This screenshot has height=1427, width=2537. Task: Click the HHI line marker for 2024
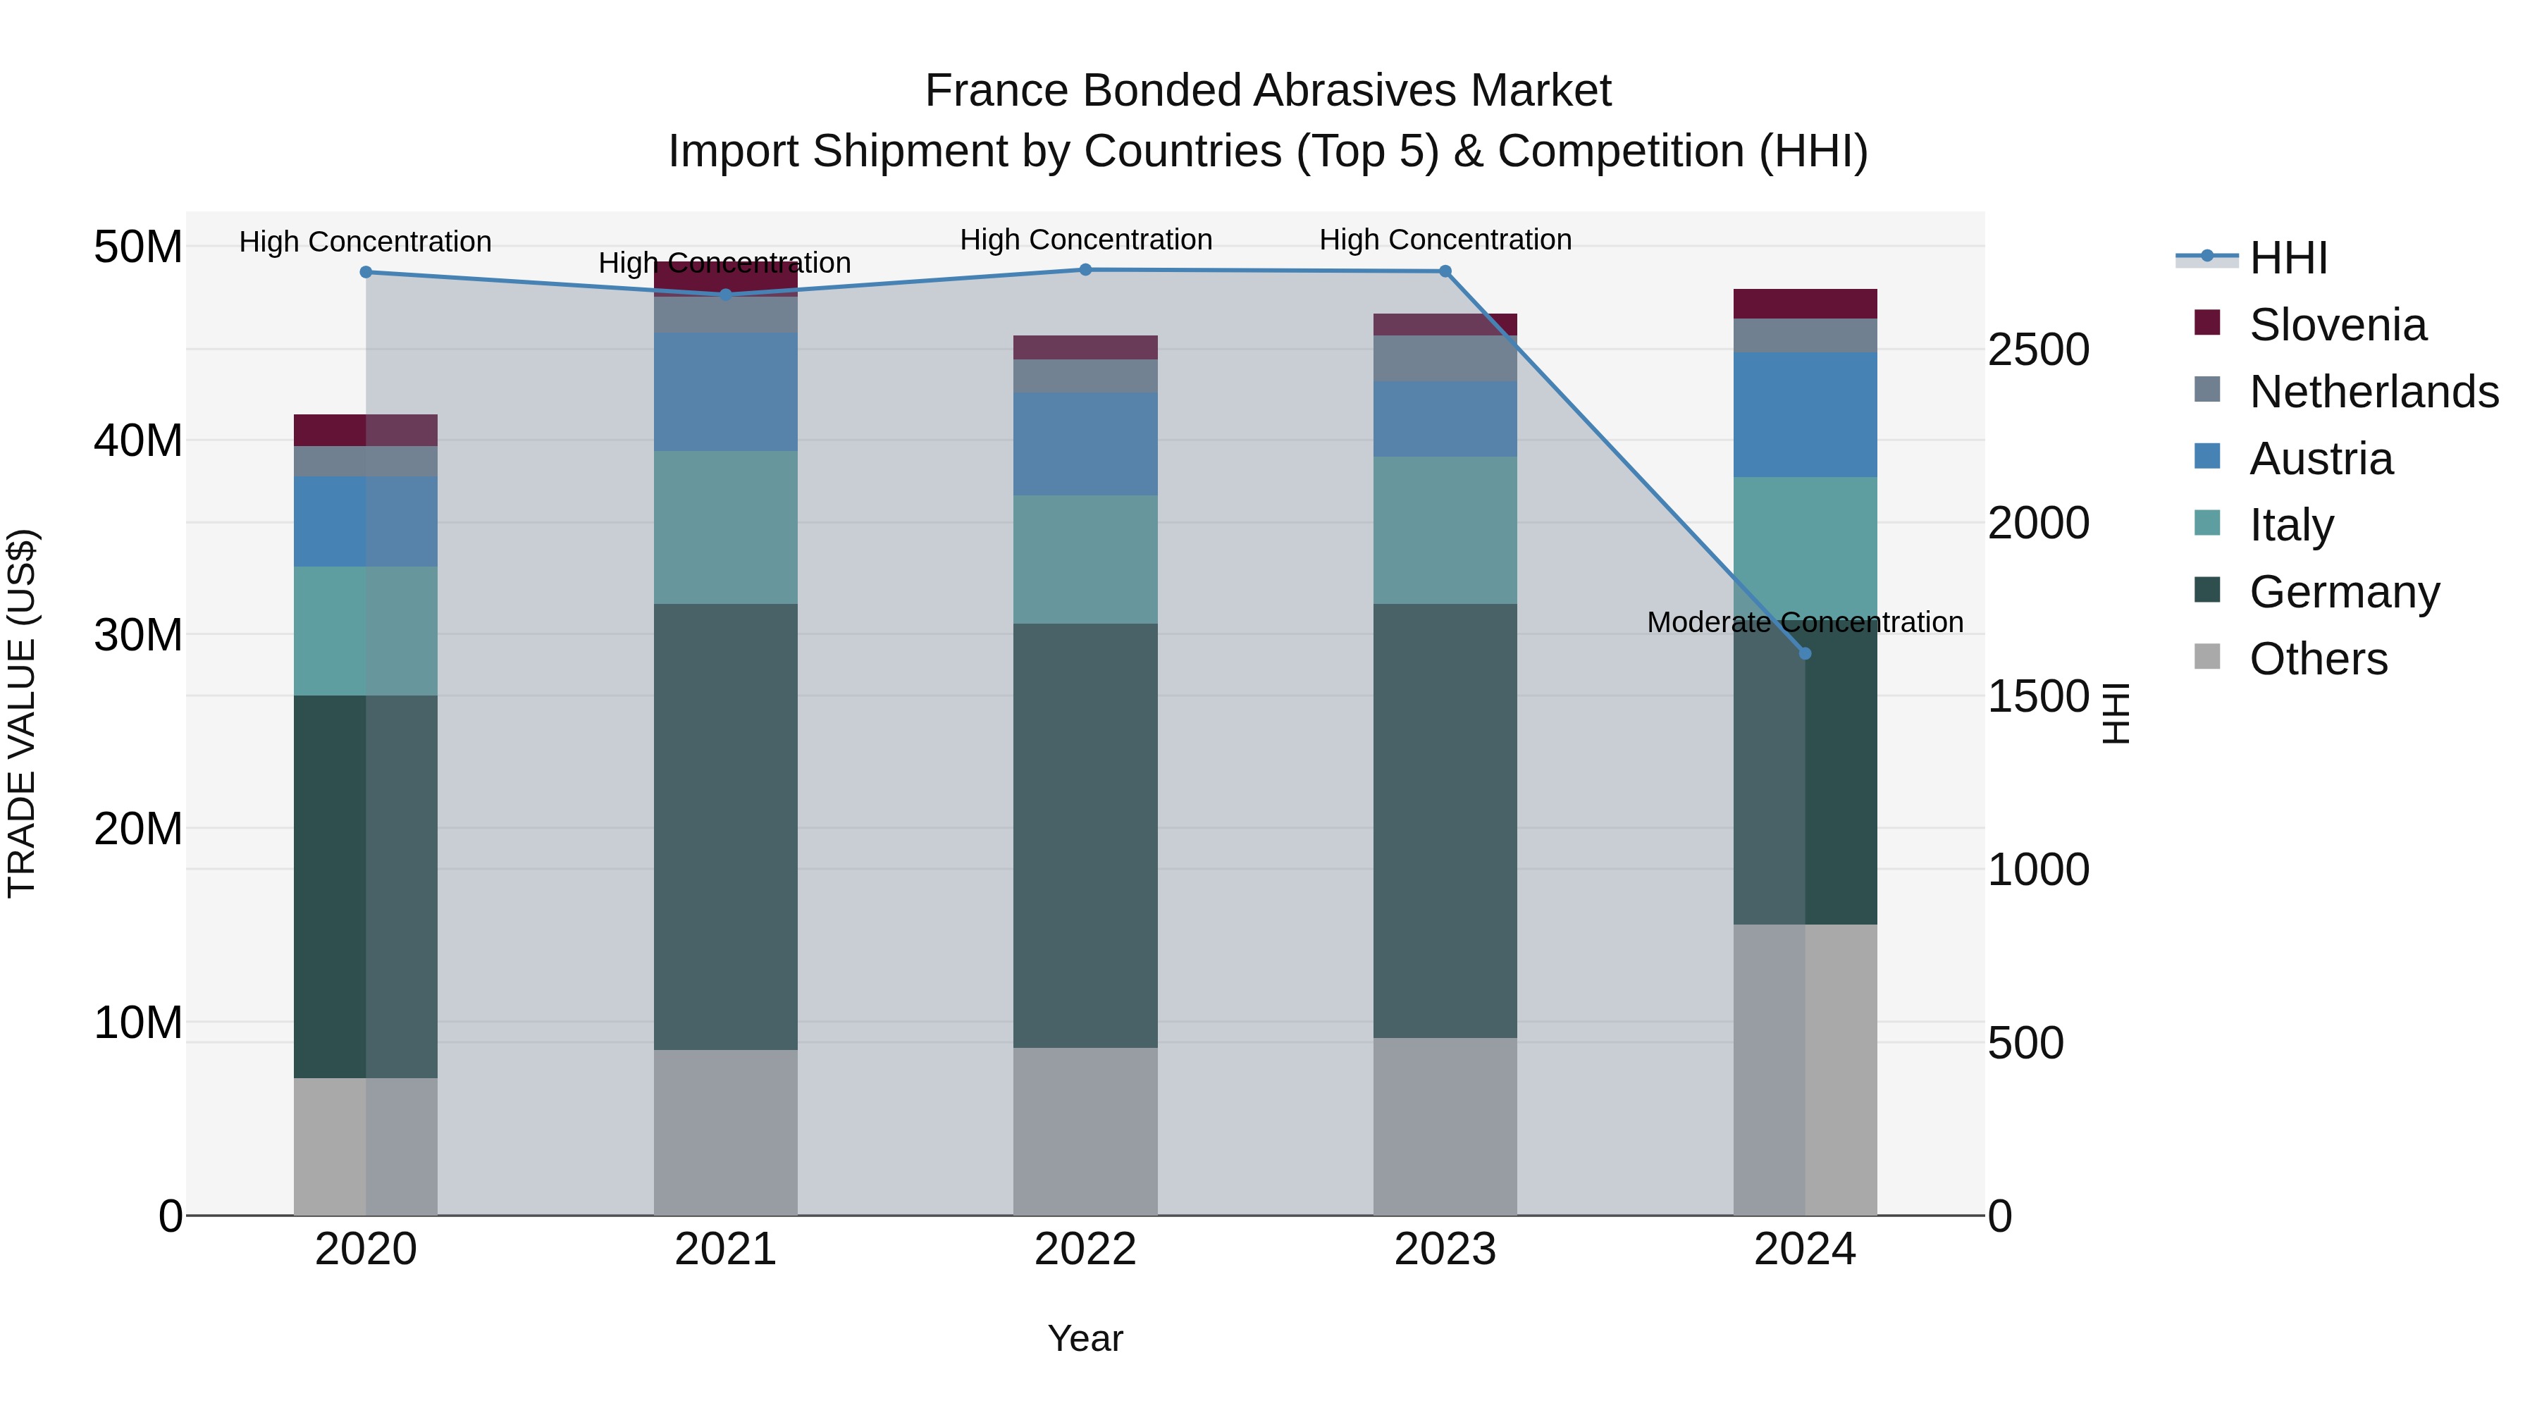[1804, 653]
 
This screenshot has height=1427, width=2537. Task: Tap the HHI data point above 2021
[726, 295]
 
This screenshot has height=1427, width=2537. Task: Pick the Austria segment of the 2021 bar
[726, 392]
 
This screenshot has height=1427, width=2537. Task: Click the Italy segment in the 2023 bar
[1445, 530]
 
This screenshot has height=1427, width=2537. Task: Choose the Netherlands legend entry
[2374, 392]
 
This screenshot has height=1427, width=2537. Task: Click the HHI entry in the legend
[2288, 258]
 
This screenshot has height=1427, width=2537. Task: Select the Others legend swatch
[2207, 657]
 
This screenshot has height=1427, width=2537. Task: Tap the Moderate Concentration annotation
[1804, 622]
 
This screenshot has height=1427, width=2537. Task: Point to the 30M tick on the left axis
[138, 635]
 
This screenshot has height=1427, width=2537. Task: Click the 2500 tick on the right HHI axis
[2037, 350]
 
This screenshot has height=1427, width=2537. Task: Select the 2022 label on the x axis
[1085, 1249]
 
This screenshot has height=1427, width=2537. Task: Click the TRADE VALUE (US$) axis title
[22, 713]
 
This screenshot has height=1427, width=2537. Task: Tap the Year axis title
[1085, 1338]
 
